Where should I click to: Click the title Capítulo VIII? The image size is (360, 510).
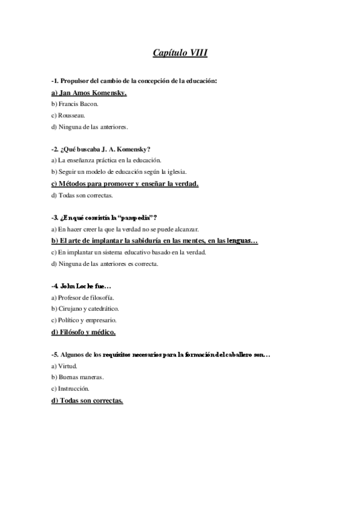pyautogui.click(x=180, y=53)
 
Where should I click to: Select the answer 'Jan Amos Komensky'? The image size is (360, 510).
pyautogui.click(x=88, y=93)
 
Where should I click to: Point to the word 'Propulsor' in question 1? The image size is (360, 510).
pyautogui.click(x=76, y=80)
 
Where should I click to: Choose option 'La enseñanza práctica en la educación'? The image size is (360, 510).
pyautogui.click(x=106, y=161)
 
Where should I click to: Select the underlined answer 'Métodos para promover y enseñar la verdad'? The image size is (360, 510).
pyautogui.click(x=125, y=183)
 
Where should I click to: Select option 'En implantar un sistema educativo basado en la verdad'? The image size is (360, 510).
pyautogui.click(x=128, y=252)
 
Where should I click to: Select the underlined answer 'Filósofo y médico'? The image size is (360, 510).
pyautogui.click(x=84, y=332)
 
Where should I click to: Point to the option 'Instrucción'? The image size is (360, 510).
pyautogui.click(x=70, y=389)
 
